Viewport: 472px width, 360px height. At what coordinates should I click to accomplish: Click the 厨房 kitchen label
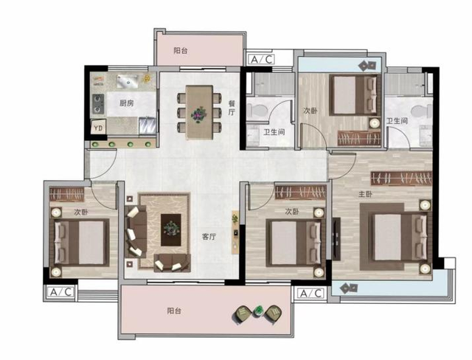(126, 103)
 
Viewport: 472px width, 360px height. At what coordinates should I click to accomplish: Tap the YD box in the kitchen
(98, 128)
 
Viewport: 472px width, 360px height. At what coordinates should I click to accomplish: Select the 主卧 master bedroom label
(365, 195)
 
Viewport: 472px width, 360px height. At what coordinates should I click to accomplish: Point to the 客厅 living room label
(209, 237)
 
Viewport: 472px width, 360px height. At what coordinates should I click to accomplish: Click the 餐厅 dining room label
(232, 108)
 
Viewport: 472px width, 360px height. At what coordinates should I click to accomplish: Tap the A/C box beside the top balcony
(261, 59)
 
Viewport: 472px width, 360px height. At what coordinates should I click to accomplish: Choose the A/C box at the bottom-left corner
(60, 291)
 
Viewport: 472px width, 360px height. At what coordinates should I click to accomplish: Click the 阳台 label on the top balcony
(181, 51)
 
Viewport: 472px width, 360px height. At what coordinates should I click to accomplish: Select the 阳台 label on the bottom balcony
(174, 311)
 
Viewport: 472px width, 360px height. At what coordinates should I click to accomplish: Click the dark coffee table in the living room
(171, 230)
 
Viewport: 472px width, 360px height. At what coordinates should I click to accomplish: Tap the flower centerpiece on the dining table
(199, 114)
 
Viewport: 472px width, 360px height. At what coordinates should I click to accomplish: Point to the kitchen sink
(127, 81)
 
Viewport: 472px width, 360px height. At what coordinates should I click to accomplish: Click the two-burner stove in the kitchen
(98, 104)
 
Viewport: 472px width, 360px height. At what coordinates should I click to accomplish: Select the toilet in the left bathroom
(257, 110)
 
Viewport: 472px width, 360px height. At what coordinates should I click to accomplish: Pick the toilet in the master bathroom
(422, 111)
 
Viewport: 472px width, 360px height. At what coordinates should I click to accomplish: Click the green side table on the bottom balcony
(257, 311)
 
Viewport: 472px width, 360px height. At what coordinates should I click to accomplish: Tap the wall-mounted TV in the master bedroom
(336, 238)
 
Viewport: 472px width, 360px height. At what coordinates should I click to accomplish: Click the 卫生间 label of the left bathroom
(274, 132)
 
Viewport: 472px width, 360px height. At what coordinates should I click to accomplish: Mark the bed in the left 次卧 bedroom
(81, 242)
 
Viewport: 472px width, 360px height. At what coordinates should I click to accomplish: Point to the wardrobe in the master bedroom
(401, 179)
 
